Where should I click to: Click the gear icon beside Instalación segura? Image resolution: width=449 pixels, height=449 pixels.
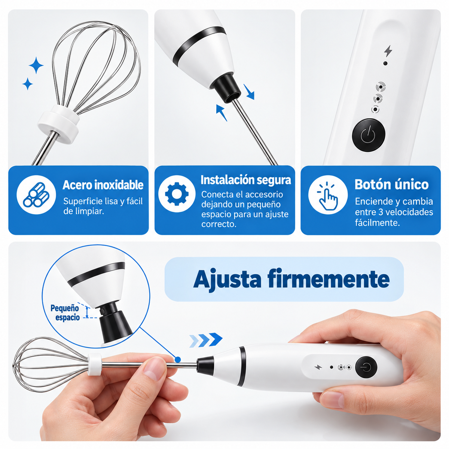tap(177, 193)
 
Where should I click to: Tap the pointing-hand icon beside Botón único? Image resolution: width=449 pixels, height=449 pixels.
tap(328, 195)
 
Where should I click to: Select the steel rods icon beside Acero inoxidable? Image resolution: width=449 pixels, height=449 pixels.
tap(36, 195)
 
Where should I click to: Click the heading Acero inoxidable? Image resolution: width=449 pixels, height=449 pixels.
tap(103, 185)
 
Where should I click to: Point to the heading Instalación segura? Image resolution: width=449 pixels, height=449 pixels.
tap(246, 180)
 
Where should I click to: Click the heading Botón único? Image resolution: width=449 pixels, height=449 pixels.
tap(391, 184)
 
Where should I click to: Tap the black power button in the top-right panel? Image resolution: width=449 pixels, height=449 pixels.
tap(369, 135)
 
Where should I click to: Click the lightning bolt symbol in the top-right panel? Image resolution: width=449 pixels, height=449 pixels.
tap(388, 51)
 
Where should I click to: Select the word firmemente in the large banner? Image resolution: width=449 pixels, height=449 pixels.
tap(328, 279)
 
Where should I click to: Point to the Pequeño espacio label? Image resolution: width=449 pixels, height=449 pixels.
tap(65, 313)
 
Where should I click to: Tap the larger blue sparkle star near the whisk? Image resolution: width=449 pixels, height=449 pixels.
tap(36, 65)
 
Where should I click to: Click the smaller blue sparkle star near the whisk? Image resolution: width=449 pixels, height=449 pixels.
tap(27, 84)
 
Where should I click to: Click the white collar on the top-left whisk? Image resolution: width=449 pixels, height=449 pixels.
tap(58, 124)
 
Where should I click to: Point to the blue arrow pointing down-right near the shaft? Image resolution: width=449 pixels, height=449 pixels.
tap(249, 92)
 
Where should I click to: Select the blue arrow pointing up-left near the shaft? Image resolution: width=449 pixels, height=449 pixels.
tap(222, 113)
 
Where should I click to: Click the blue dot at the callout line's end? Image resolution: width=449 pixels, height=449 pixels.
tap(178, 360)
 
